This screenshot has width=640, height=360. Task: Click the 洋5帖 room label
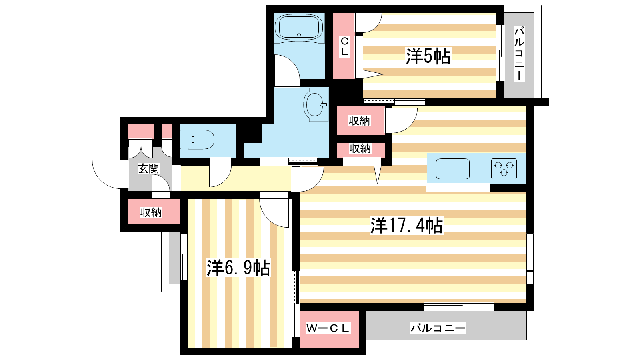coord(428,56)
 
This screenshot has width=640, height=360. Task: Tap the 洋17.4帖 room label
coord(406,226)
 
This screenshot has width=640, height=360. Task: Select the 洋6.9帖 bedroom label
coord(238,268)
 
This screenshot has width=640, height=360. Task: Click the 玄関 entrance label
coord(148,168)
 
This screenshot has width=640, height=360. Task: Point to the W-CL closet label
coord(328,328)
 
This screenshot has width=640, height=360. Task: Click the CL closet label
coord(344,47)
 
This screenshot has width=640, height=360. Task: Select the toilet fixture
coord(197,140)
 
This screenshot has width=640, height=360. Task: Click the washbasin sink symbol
coord(316,104)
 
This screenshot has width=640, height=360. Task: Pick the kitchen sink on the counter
coord(452,168)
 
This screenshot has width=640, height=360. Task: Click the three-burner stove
coord(504,168)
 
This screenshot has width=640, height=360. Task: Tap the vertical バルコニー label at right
coord(519,54)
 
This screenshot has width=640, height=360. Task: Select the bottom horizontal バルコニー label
coord(438,328)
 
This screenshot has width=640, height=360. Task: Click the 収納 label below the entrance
coord(151,212)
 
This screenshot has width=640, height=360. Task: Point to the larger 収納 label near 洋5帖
coord(359,121)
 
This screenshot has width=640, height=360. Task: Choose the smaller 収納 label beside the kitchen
coord(360,148)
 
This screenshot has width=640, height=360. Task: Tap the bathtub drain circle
coord(299,34)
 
